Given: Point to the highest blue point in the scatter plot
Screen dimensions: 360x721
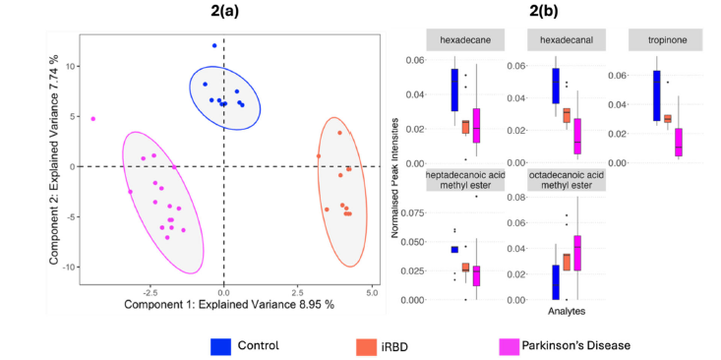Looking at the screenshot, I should [x=214, y=45].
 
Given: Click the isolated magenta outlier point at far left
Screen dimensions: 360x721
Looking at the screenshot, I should [x=93, y=119].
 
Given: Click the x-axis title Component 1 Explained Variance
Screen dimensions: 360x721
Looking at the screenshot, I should [x=229, y=304].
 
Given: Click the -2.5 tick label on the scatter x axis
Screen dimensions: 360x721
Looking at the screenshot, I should [x=150, y=291].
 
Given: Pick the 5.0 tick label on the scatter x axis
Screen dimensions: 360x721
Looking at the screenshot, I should [x=372, y=291].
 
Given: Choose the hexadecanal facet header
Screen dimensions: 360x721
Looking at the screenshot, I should [x=560, y=39].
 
